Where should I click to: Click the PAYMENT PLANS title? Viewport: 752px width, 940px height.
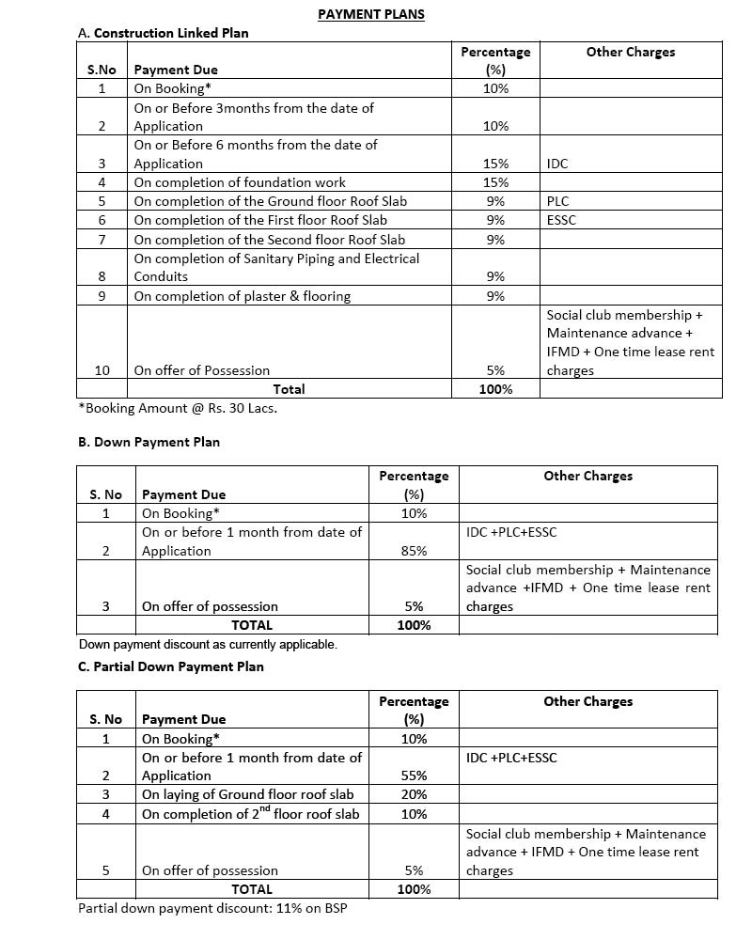point(370,14)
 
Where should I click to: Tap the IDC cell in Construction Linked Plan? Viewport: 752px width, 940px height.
point(557,164)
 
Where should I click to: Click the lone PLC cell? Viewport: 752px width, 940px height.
point(557,201)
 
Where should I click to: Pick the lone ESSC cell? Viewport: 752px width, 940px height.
point(561,220)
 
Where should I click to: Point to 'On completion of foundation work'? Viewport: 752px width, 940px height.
point(240,182)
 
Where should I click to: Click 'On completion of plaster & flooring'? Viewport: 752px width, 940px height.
point(242,296)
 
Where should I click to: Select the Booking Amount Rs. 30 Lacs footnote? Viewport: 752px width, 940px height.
point(178,408)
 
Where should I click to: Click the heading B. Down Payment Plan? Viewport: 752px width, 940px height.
point(149,442)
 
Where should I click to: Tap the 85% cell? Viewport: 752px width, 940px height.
point(414,551)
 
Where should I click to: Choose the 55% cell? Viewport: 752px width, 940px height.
point(414,775)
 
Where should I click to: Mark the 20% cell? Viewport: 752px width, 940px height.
point(414,794)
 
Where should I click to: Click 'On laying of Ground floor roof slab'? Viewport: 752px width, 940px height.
point(247,794)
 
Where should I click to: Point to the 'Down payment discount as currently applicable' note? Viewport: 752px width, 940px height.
point(208,645)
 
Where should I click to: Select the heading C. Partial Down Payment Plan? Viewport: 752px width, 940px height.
point(171,666)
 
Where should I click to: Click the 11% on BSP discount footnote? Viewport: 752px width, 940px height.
point(212,909)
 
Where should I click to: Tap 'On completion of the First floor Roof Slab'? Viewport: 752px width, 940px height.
point(259,220)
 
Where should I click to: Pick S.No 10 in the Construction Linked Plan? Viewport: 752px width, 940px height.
point(102,370)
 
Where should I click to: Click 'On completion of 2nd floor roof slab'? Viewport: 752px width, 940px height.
point(250,814)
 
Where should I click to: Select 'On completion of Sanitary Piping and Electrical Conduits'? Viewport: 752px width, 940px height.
point(276,267)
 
